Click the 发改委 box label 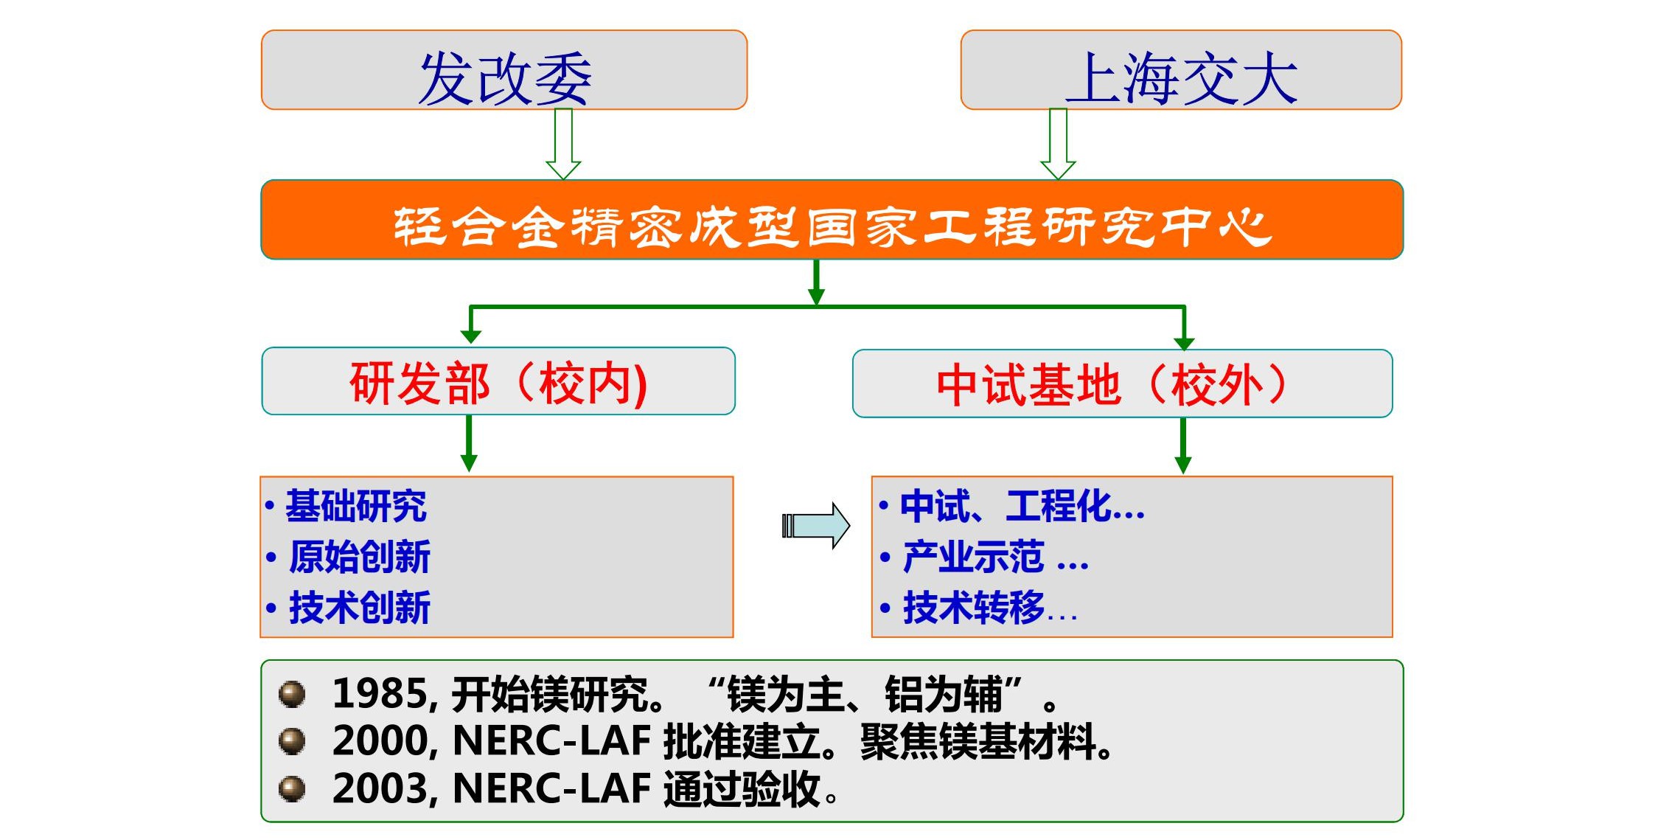[x=505, y=78]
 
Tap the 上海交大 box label [x=1181, y=78]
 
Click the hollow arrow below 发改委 [x=563, y=144]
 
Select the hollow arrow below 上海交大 [x=1058, y=144]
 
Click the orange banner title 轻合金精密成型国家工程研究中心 [x=832, y=226]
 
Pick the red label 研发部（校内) [x=498, y=383]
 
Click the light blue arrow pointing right [x=816, y=526]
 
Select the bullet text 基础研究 [x=356, y=506]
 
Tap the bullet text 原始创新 [x=360, y=557]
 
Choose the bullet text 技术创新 [x=360, y=608]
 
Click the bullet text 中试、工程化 [x=1006, y=506]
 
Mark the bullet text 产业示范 [x=973, y=557]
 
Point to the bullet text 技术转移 [x=974, y=608]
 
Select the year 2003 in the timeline [x=380, y=788]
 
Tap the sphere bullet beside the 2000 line [x=292, y=741]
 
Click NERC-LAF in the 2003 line [x=551, y=788]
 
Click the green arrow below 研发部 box [x=469, y=443]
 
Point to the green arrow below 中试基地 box [x=1183, y=445]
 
